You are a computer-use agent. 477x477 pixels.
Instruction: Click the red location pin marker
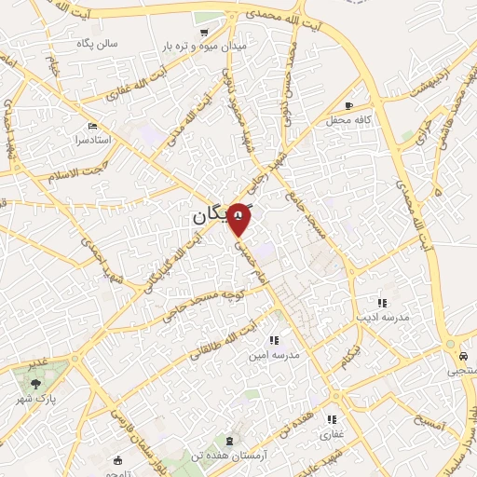[x=240, y=216]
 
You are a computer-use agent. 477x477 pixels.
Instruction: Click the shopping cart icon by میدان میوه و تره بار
[x=204, y=31]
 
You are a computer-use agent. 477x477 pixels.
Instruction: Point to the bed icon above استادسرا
[x=91, y=126]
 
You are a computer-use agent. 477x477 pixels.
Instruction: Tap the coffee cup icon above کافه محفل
[x=348, y=106]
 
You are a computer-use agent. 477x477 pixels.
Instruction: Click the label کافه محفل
[x=349, y=121]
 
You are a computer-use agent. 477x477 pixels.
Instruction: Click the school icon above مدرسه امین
[x=273, y=341]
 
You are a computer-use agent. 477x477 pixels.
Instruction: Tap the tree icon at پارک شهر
[x=35, y=383]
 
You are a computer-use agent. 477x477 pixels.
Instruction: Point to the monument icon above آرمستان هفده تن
[x=229, y=438]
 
